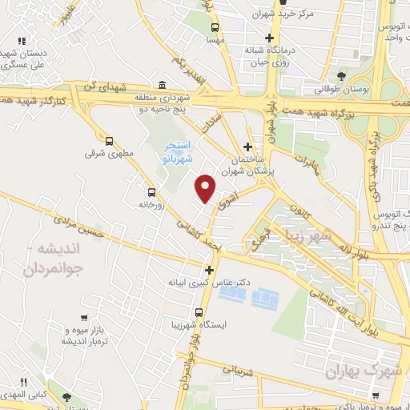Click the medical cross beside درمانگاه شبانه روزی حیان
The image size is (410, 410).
[x=270, y=38]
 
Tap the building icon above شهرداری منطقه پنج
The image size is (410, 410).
[x=163, y=86]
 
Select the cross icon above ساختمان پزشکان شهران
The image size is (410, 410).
[x=247, y=147]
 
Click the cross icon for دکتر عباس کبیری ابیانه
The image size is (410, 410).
[x=210, y=270]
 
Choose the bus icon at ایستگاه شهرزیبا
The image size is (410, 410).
[x=199, y=313]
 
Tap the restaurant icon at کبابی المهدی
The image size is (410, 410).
[x=23, y=381]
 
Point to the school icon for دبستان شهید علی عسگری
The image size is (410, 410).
[x=22, y=41]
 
